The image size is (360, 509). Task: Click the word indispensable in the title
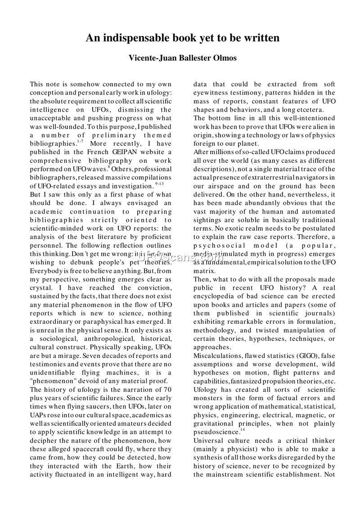pyautogui.click(x=135, y=38)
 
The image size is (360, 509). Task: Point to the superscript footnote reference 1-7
pyautogui.click(x=80, y=141)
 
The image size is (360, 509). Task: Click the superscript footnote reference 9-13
pyautogui.click(x=158, y=183)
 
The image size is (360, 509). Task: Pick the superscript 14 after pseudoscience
pyautogui.click(x=242, y=429)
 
